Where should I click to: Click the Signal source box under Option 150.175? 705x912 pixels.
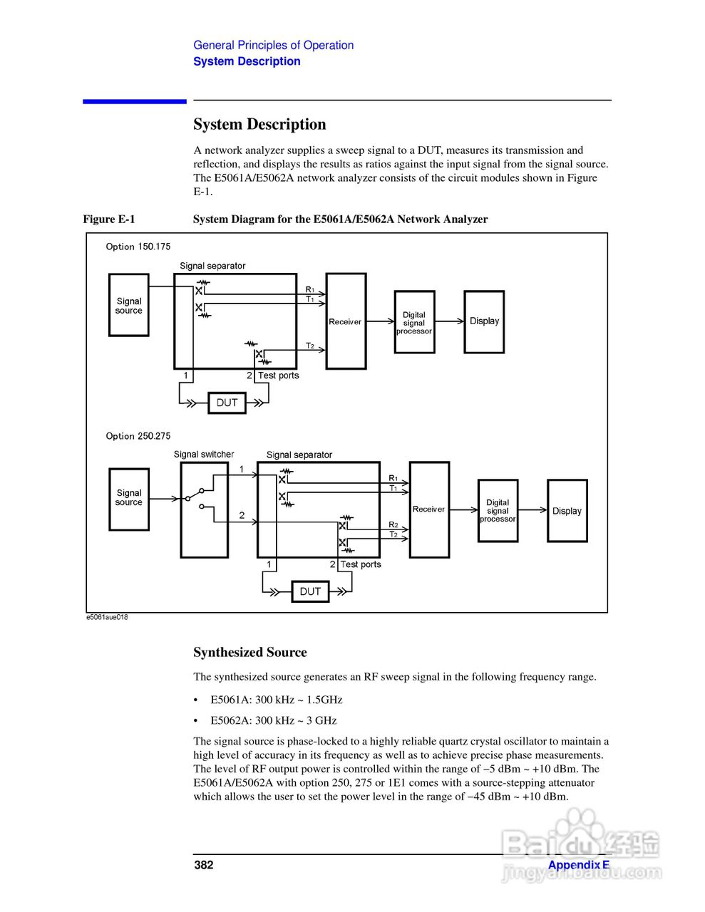tap(129, 305)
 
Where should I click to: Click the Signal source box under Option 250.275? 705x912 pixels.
tap(129, 499)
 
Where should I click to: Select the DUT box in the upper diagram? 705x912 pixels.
tap(227, 403)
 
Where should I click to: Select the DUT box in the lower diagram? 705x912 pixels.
tap(310, 591)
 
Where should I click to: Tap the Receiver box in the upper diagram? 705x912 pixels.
tap(346, 321)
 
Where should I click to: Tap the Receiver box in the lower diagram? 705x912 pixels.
tap(429, 509)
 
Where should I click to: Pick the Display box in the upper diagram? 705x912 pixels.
tap(484, 321)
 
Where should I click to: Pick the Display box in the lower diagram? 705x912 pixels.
tap(567, 511)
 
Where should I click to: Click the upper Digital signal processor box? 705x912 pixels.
tap(414, 323)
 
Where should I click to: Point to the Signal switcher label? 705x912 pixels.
tap(204, 455)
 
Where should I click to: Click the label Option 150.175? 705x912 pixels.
tap(138, 247)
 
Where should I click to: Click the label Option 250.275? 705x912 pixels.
tap(138, 436)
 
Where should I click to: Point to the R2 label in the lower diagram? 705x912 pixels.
tap(393, 524)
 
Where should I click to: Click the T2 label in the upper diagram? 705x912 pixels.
tap(310, 346)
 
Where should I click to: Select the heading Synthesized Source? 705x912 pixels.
tap(249, 653)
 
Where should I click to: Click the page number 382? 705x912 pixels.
tap(204, 865)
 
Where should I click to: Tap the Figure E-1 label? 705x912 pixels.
tap(109, 219)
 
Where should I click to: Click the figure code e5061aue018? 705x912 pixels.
tap(107, 617)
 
